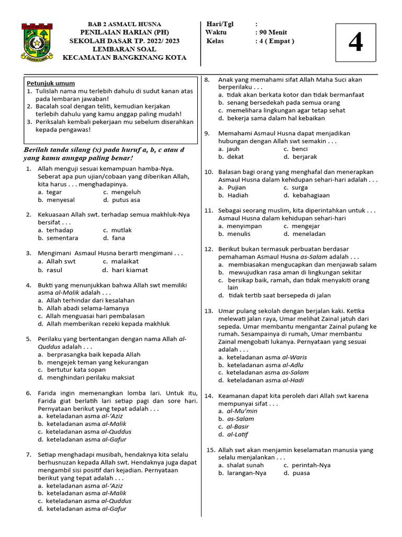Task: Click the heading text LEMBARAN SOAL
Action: click(124, 49)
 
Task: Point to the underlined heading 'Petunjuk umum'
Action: click(51, 83)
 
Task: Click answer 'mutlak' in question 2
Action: click(121, 230)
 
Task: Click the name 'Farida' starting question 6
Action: click(48, 393)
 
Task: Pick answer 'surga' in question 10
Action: click(300, 187)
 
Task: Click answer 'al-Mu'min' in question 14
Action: click(242, 411)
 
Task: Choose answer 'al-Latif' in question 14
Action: click(238, 434)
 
